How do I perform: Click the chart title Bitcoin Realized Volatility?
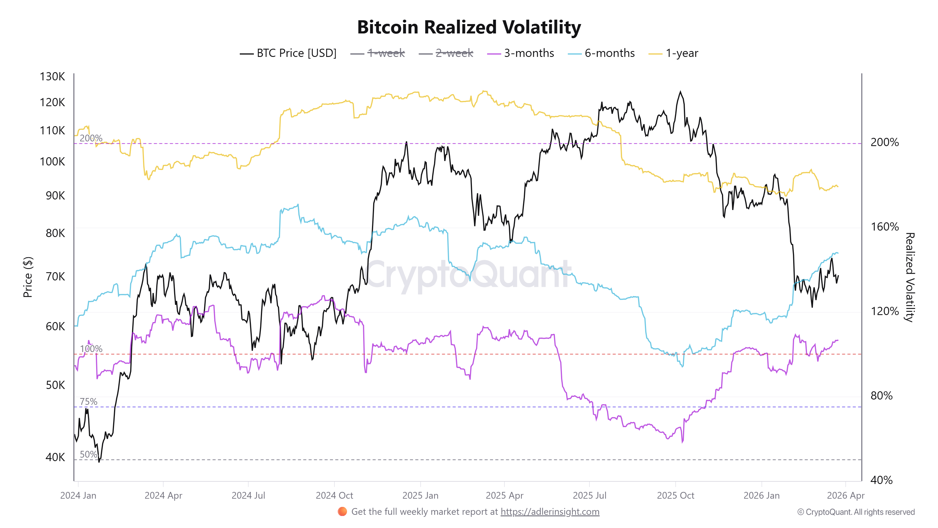469,27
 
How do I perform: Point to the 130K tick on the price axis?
52,77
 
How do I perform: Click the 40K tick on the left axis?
55,457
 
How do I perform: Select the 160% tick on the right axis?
884,227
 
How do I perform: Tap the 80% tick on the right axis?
881,395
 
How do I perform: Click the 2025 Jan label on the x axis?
420,495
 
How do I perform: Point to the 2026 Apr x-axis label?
845,495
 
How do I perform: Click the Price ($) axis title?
28,277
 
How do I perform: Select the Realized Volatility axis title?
910,277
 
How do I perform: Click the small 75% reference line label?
89,402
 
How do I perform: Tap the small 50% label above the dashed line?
89,454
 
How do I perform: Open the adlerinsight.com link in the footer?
550,512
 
